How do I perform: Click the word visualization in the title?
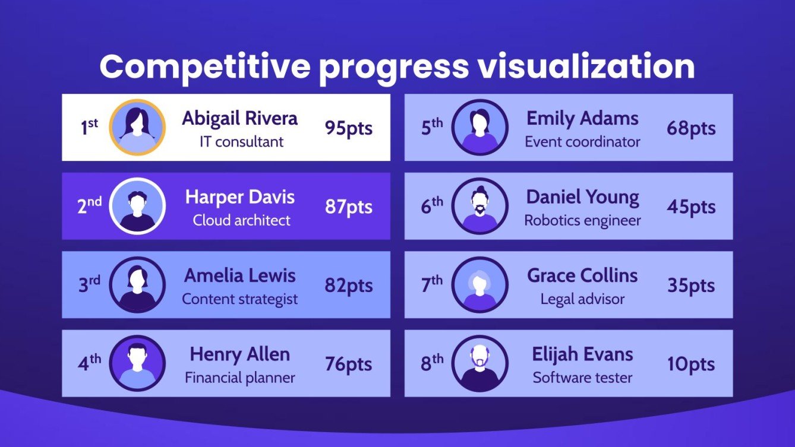586,67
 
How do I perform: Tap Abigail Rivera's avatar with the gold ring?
137,128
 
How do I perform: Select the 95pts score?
348,128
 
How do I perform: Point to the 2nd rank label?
89,206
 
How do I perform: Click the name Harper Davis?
240,197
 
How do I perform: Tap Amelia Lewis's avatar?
137,285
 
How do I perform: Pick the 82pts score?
348,286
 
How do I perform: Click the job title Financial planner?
240,378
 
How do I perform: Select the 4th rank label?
89,363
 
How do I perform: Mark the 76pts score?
348,364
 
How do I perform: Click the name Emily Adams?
582,118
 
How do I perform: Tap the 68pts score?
690,128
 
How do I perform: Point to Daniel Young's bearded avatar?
479,206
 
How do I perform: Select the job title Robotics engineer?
582,220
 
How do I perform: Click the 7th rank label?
431,285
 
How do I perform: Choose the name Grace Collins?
582,275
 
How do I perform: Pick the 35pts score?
690,286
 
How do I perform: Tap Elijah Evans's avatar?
479,363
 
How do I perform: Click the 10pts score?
690,364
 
